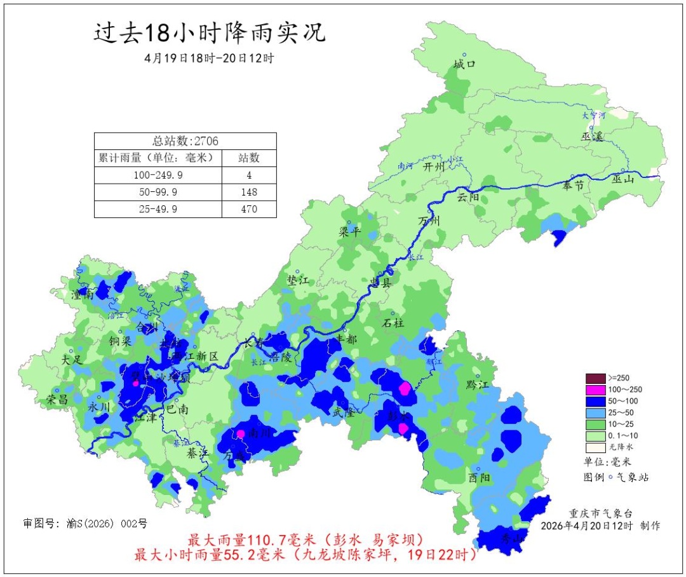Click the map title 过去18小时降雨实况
[x=210, y=32]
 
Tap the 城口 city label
[x=464, y=65]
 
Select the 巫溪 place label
[x=591, y=137]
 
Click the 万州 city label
[x=429, y=221]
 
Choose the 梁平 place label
[x=350, y=232]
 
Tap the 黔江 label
[x=476, y=384]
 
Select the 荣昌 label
[x=57, y=400]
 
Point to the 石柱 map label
[x=393, y=323]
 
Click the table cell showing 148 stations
[x=249, y=191]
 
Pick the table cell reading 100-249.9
[x=158, y=174]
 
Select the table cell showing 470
[x=249, y=208]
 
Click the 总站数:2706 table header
[x=185, y=140]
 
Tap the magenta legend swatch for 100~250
[x=595, y=390]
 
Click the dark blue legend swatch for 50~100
[x=595, y=401]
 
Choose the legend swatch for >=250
[x=595, y=377]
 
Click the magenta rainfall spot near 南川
[x=241, y=434]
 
